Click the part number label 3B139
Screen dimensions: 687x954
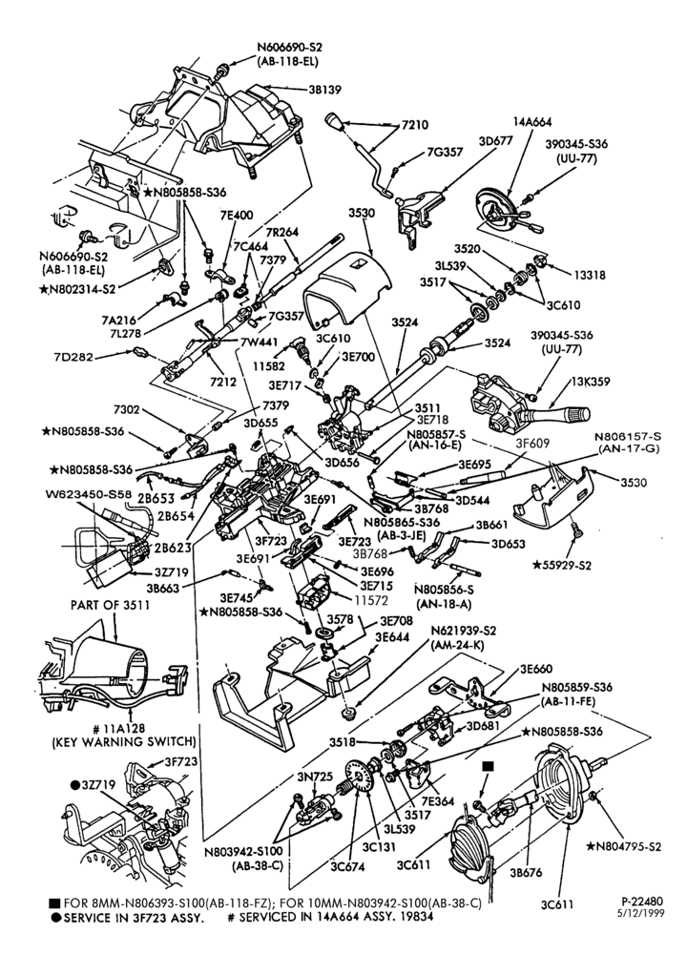pos(324,90)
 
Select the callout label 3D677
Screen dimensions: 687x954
pos(496,140)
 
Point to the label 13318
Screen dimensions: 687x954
pos(589,275)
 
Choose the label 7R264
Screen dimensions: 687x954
pos(281,233)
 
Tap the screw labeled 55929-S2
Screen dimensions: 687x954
pos(577,533)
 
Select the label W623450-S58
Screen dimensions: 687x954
pos(88,493)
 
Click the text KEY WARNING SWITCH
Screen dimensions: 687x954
pos(123,741)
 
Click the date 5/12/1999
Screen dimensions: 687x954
pos(642,913)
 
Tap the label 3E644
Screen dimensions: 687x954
pos(392,636)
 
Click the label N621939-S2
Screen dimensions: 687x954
pos(455,631)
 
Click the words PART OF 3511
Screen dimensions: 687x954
pos(110,605)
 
